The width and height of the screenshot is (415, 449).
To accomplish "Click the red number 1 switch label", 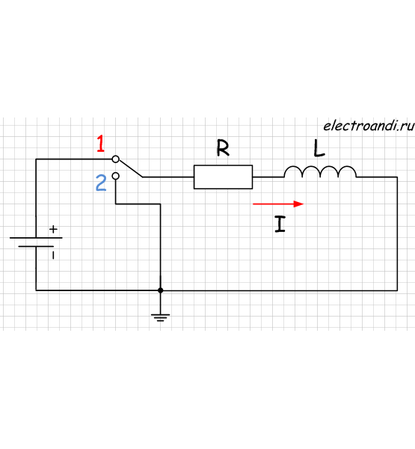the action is tap(100, 144).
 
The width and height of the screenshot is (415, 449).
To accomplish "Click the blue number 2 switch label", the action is tap(101, 183).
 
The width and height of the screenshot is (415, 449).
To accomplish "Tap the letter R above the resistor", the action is tap(223, 147).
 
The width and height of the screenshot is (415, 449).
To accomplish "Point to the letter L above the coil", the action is tap(319, 148).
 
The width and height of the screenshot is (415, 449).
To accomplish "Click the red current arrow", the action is tap(278, 204).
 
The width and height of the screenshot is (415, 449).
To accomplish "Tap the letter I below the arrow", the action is tap(280, 224).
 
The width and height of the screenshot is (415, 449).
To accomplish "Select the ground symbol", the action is tap(160, 317).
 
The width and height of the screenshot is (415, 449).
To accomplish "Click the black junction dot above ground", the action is tap(160, 290).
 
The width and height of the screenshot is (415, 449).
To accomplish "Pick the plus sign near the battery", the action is tap(53, 230).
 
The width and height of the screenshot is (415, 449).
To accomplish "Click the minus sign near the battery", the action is tap(53, 255).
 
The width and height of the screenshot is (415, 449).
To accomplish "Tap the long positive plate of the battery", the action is tap(36, 238).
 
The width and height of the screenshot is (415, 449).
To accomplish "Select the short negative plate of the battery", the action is tap(36, 246).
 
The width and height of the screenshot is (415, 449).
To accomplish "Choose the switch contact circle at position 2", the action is tap(115, 176).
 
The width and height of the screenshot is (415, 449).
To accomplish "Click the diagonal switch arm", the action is tap(131, 168).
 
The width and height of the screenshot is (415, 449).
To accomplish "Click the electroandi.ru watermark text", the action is tap(369, 126).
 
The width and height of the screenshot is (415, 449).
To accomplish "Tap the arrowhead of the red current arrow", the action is tap(298, 204).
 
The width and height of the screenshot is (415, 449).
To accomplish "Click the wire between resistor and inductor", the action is tap(268, 177).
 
